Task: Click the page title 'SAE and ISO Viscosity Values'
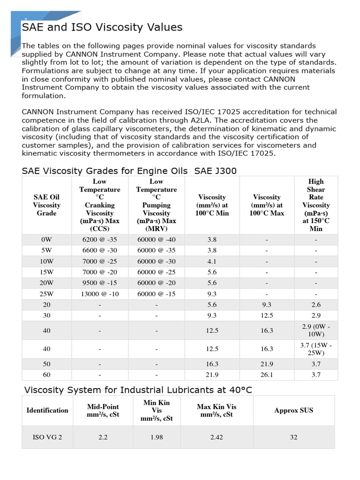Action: click(x=102, y=27)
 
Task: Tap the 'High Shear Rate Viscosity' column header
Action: click(x=315, y=205)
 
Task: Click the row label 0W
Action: click(x=46, y=240)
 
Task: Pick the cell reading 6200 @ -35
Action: click(x=99, y=240)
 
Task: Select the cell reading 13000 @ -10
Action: click(x=99, y=294)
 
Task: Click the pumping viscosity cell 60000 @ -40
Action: click(x=156, y=240)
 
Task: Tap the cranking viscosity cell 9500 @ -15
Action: click(x=99, y=283)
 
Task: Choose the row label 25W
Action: click(x=46, y=294)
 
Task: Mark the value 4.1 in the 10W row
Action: click(x=212, y=262)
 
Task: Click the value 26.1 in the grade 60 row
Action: click(x=266, y=375)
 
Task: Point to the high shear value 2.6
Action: click(x=315, y=305)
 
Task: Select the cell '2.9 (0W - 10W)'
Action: click(x=315, y=330)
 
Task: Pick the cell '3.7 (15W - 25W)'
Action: click(x=315, y=349)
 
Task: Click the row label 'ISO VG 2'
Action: click(x=47, y=437)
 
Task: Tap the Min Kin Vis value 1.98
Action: click(x=157, y=437)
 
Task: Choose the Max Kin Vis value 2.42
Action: click(x=217, y=437)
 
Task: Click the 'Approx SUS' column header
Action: click(x=293, y=410)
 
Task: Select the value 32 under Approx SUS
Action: click(x=293, y=437)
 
